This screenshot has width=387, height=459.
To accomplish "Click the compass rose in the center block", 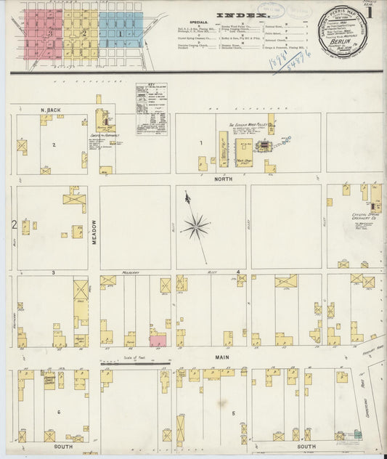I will coord(195,227).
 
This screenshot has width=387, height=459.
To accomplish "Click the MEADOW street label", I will coord(94,232).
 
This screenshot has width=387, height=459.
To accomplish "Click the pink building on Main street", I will coord(158,340).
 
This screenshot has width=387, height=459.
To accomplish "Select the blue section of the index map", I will coord(120,30).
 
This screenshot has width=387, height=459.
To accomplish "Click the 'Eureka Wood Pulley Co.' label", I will coord(250,124).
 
